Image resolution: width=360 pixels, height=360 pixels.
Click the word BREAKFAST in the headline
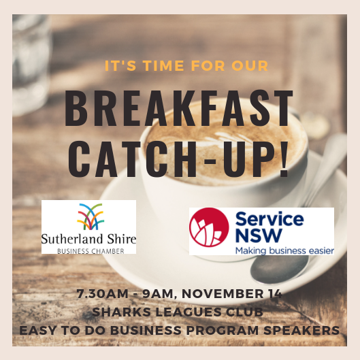179,108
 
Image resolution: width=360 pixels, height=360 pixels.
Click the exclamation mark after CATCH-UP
284,158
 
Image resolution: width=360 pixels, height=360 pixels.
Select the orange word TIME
163,65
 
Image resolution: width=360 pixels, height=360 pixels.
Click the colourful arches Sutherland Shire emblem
90,216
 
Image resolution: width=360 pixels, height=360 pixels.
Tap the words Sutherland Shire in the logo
88,239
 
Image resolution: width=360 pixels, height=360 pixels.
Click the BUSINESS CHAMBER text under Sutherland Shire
91,251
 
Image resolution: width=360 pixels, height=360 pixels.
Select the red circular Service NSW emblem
209,227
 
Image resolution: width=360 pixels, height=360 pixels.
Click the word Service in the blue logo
269,219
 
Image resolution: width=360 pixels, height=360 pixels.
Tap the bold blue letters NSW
259,235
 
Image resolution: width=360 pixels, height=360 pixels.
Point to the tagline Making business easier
284,250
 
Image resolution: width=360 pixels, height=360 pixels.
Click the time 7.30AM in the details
102,293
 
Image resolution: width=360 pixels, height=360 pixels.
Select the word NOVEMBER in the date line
223,293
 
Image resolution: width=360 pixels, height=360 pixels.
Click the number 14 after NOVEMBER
275,293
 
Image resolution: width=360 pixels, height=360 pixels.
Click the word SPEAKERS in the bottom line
301,330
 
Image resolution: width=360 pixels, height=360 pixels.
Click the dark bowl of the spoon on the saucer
279,268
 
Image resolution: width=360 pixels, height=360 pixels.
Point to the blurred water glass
31,64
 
